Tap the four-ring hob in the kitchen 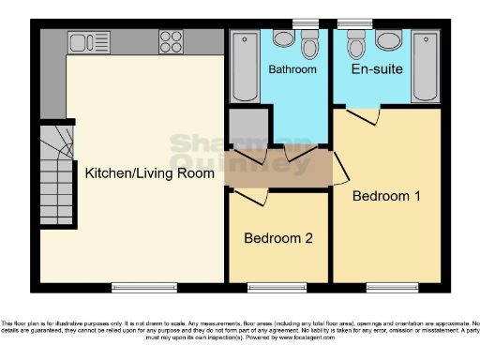tap(170, 41)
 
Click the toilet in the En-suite tap(355, 45)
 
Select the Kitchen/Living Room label tap(143, 173)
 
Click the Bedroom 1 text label tap(386, 196)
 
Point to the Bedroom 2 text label tap(278, 238)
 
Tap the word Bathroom tap(292, 69)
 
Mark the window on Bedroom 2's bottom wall tap(278, 285)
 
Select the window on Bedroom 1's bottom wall tap(385, 285)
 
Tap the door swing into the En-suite tap(361, 116)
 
